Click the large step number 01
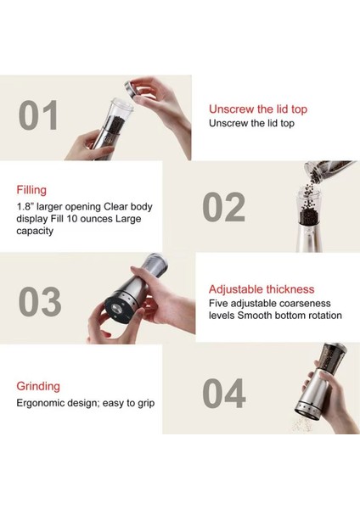pos(38,115)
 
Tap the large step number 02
pos(223,207)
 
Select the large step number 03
pos(40,301)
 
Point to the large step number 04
pos(224,393)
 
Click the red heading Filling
pos(31,190)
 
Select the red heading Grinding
pos(38,386)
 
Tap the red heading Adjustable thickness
pos(262,289)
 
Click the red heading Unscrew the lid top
pos(258,109)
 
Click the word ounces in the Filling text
pos(97,219)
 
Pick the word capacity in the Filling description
pos(35,231)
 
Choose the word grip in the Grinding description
pos(146,404)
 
